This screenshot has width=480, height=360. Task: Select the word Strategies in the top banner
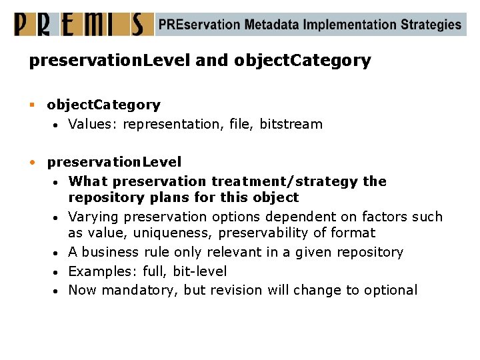pyautogui.click(x=431, y=25)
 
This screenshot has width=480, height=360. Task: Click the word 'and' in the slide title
pyautogui.click(x=212, y=61)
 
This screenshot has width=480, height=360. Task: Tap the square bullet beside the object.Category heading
pyautogui.click(x=33, y=105)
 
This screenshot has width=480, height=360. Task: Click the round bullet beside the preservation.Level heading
pyautogui.click(x=33, y=162)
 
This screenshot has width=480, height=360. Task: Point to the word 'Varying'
pyautogui.click(x=93, y=217)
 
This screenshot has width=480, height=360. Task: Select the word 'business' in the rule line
pyautogui.click(x=111, y=252)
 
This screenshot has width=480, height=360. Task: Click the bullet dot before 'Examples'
pyautogui.click(x=59, y=272)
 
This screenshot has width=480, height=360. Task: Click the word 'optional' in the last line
pyautogui.click(x=391, y=290)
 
